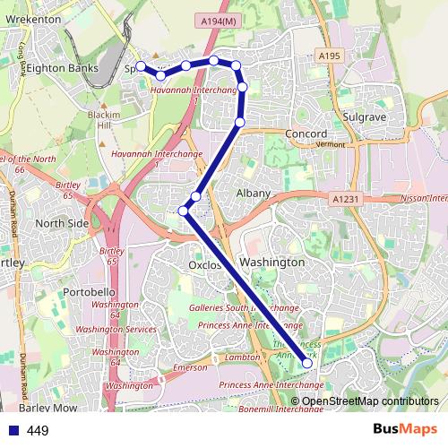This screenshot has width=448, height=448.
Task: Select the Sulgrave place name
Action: (x=364, y=116)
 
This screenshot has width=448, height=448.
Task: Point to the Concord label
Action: (x=306, y=134)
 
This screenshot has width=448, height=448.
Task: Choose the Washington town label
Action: (x=273, y=263)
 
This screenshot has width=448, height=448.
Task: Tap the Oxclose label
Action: (x=205, y=266)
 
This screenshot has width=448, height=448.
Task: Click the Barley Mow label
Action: (x=53, y=408)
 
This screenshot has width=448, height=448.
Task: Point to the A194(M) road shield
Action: (x=218, y=21)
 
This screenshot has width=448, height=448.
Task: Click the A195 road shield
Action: (x=329, y=56)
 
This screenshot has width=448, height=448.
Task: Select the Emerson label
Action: (x=190, y=368)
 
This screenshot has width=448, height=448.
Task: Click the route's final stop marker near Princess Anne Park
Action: (x=307, y=363)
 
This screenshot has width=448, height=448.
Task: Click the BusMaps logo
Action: (x=407, y=430)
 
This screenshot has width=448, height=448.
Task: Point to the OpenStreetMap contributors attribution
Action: (x=370, y=401)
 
